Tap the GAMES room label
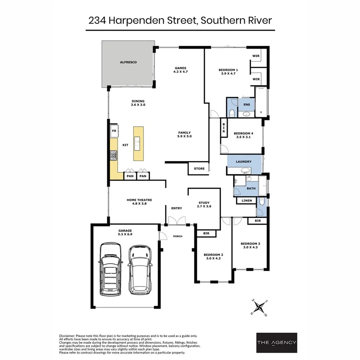tap(180, 68)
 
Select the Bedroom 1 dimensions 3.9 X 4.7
tap(228, 74)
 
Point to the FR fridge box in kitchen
tap(114, 131)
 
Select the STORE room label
tap(199, 169)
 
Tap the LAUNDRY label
tap(244, 162)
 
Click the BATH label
tap(251, 188)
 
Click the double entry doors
tap(176, 220)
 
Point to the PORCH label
tap(178, 236)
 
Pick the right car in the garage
tap(139, 269)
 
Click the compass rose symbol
tap(260, 307)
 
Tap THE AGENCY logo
tap(276, 342)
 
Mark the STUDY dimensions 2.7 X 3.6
tap(204, 206)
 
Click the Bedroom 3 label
tap(250, 244)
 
